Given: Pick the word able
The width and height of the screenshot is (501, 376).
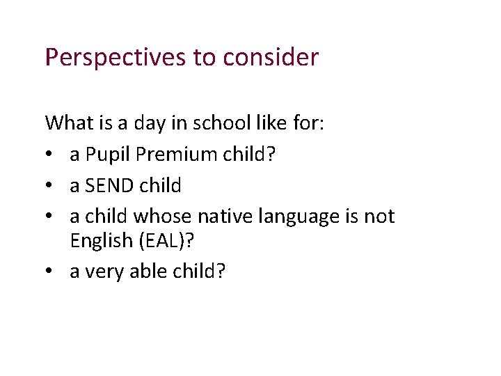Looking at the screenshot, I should coord(142,272).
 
